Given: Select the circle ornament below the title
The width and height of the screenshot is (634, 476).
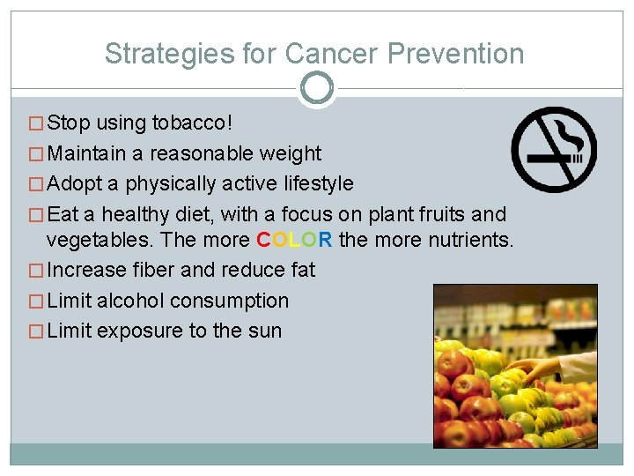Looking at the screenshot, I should [317, 88].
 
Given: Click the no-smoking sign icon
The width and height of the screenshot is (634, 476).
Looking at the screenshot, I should [555, 149].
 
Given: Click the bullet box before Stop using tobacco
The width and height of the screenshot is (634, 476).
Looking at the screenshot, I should [36, 123].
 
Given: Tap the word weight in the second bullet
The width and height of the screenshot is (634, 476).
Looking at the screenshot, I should [291, 153].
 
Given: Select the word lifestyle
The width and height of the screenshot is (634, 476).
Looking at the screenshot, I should [313, 183].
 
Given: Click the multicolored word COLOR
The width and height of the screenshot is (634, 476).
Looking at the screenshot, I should [294, 240].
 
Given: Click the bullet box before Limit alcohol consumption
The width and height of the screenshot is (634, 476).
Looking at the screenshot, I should [36, 301].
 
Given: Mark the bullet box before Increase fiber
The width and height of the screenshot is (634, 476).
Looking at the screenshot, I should [36, 271].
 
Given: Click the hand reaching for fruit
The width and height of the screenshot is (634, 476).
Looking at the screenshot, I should [538, 366].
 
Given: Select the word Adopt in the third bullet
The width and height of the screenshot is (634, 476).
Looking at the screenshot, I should [76, 183].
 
